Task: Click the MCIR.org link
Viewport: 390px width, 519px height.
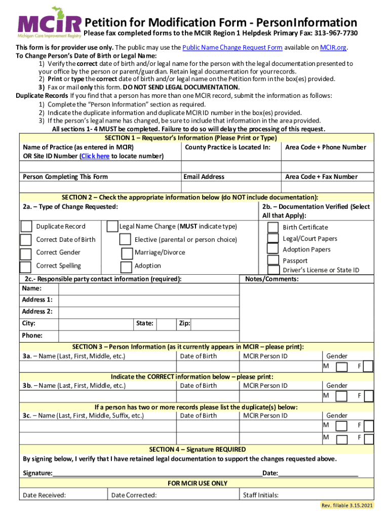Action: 333,47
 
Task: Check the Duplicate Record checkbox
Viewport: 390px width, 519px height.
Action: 26,226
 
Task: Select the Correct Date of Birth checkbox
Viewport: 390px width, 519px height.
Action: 26,239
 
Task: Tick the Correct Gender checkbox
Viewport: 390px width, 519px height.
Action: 26,253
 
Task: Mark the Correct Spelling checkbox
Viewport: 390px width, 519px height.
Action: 26,266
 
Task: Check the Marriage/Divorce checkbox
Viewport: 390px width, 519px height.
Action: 127,253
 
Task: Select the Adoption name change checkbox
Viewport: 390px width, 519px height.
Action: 127,266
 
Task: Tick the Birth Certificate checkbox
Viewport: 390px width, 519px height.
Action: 273,227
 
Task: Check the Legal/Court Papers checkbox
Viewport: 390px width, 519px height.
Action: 273,238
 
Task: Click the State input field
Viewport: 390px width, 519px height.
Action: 166,323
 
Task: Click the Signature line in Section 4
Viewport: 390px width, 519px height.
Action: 157,472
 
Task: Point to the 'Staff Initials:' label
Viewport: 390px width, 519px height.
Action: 261,495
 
